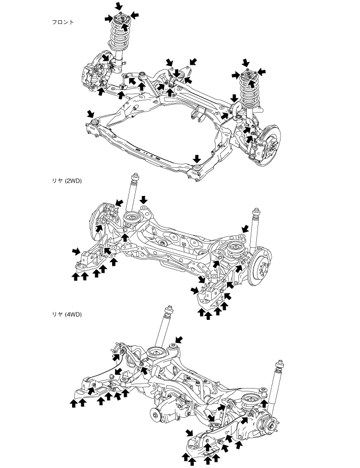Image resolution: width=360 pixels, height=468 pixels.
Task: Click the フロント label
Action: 63,23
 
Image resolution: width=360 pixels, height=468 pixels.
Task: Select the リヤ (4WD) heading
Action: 66,314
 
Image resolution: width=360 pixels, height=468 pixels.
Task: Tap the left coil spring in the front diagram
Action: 119,37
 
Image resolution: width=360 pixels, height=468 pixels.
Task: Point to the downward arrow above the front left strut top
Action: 118,6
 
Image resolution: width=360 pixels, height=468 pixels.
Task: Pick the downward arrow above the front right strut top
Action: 245,62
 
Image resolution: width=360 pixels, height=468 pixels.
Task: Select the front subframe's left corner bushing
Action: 95,121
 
